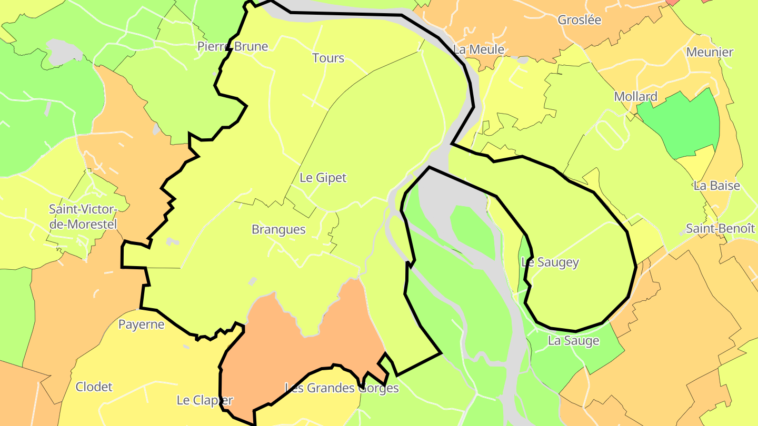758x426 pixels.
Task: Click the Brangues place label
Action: click(x=278, y=230)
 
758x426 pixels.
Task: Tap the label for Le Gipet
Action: click(x=323, y=178)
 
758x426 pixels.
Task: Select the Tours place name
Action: click(x=328, y=58)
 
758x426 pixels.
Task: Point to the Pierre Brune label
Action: click(x=233, y=46)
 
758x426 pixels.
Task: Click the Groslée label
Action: click(x=579, y=20)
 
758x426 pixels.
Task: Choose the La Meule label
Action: click(x=478, y=49)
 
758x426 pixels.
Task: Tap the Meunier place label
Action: click(x=710, y=52)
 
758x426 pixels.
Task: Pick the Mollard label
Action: click(x=635, y=97)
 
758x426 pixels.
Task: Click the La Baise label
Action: click(x=716, y=186)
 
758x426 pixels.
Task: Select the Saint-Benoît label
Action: click(x=720, y=229)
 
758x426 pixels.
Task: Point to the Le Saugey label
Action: click(x=550, y=262)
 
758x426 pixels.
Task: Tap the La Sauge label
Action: click(x=573, y=341)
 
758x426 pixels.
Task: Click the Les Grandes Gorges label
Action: click(x=342, y=388)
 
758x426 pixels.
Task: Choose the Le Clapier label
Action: click(x=204, y=400)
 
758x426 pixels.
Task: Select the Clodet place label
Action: click(x=94, y=387)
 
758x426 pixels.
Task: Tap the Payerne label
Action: click(x=141, y=324)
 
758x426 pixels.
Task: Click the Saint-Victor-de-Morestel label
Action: click(x=83, y=217)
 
